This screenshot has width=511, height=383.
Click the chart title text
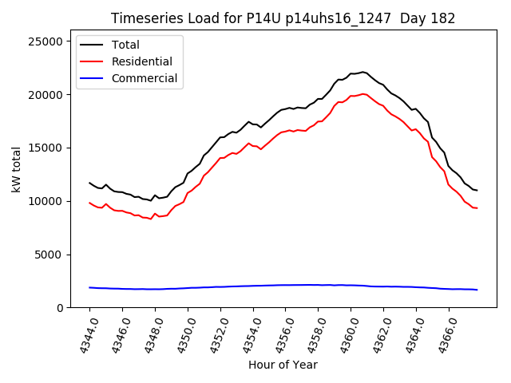pos(283,18)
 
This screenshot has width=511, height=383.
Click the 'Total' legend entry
pos(125,45)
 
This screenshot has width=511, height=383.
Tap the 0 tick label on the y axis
pos(59,308)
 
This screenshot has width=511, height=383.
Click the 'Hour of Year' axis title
pos(283,365)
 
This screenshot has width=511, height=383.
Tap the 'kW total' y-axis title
pos(16,169)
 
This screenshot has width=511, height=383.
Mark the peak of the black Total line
pos(363,72)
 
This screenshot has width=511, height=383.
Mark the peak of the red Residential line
pos(363,93)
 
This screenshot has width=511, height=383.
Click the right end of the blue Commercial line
pos(477,290)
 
